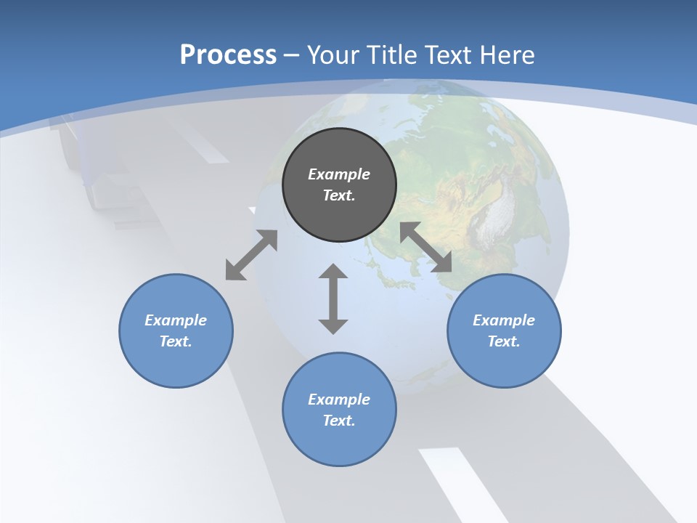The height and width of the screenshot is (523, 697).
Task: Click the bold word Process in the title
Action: pos(228,55)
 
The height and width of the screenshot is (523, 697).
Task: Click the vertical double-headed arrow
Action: pos(333,299)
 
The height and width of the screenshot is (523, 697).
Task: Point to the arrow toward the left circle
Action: pos(251,255)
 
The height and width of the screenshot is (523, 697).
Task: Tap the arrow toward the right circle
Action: pos(426,247)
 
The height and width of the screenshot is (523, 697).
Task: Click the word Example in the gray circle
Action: pos(339,174)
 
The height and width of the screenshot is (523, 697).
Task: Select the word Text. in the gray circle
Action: pos(339,195)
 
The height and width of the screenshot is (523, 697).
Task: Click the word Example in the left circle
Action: pos(176,320)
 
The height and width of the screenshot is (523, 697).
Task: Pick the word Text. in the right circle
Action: pos(504,341)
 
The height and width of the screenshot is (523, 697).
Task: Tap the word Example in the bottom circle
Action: pos(339,400)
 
